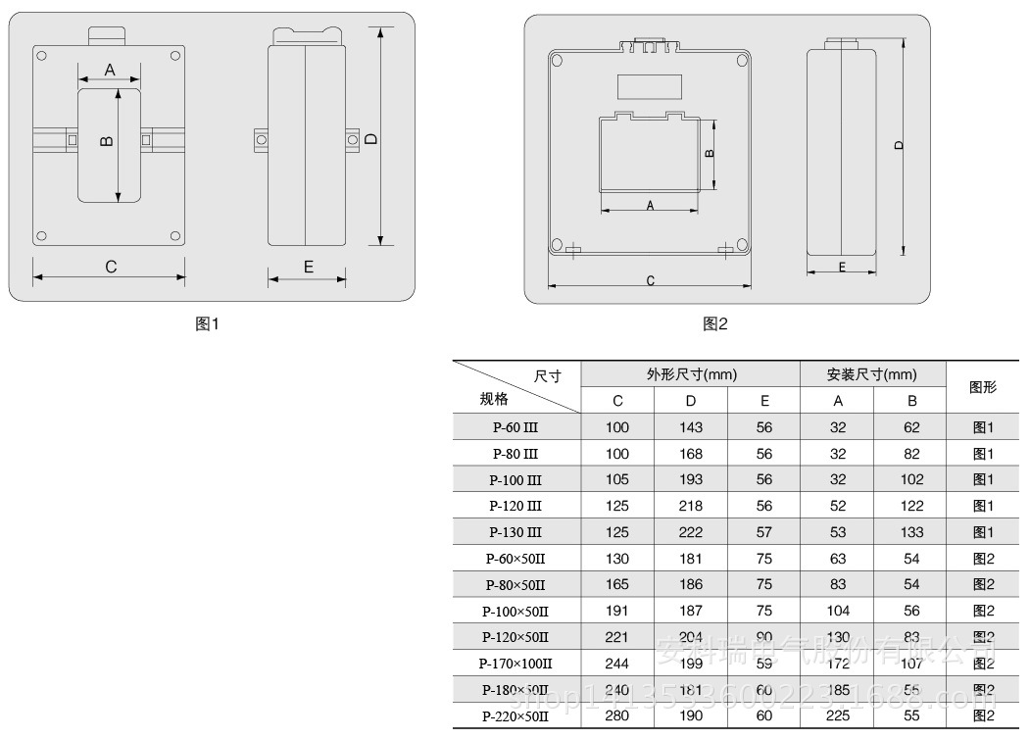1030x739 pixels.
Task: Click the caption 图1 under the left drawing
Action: (x=208, y=323)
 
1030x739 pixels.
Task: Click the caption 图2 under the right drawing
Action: (x=715, y=323)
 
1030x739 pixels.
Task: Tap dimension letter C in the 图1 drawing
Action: (x=111, y=267)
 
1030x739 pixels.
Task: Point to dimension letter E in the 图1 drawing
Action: (x=308, y=267)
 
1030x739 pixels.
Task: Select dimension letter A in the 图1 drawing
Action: (x=110, y=70)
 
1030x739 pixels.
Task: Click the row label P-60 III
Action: (x=515, y=427)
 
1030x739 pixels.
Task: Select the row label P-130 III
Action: (x=515, y=532)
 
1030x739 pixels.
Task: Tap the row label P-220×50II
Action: (x=515, y=716)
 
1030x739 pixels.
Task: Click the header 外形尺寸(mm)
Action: (x=691, y=374)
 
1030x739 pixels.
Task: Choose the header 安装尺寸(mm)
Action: (x=872, y=374)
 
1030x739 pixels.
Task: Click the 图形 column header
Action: (x=983, y=387)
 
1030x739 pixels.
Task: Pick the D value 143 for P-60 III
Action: (x=691, y=427)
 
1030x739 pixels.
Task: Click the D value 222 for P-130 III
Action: (x=691, y=532)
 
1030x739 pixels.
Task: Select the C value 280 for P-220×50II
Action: (x=617, y=716)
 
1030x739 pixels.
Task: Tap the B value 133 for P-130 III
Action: (x=911, y=532)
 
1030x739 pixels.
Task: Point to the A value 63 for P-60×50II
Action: (x=838, y=559)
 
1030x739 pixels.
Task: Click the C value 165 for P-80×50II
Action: (x=617, y=585)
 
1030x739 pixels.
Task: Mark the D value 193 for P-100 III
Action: (x=691, y=480)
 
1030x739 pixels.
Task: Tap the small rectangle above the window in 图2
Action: (x=649, y=87)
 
